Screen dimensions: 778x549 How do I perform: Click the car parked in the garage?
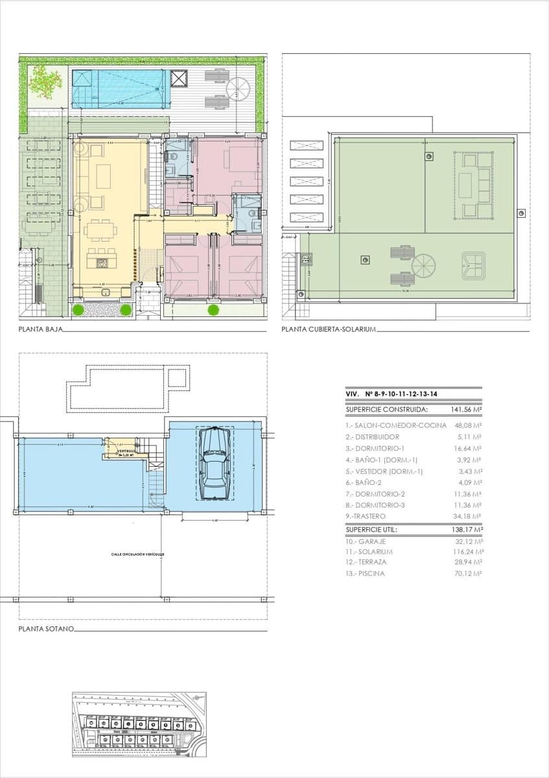[x=215, y=463]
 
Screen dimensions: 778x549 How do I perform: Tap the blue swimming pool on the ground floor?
[x=120, y=89]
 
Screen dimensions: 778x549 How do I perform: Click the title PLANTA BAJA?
[x=40, y=329]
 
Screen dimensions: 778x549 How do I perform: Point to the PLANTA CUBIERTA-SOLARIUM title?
[x=329, y=329]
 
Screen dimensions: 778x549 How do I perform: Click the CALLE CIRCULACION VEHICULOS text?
[x=137, y=554]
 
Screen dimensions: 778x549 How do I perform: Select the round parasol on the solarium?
[x=424, y=265]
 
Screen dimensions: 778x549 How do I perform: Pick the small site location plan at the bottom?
[x=139, y=724]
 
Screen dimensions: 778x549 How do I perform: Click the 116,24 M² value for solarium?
[x=467, y=552]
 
